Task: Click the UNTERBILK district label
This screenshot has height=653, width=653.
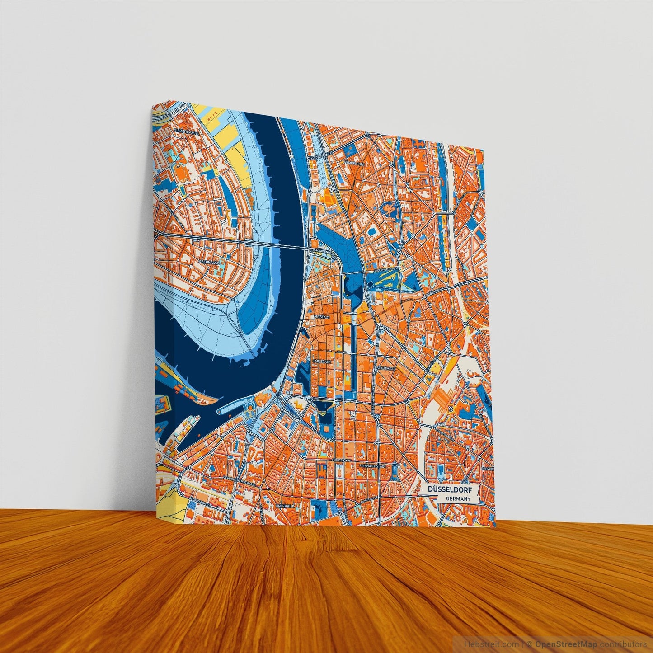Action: click(x=285, y=506)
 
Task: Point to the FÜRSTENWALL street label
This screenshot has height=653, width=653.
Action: click(x=342, y=459)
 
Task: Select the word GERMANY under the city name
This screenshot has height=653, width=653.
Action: click(x=458, y=499)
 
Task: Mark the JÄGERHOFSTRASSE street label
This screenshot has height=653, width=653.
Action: click(x=386, y=268)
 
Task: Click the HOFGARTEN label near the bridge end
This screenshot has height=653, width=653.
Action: click(x=321, y=250)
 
